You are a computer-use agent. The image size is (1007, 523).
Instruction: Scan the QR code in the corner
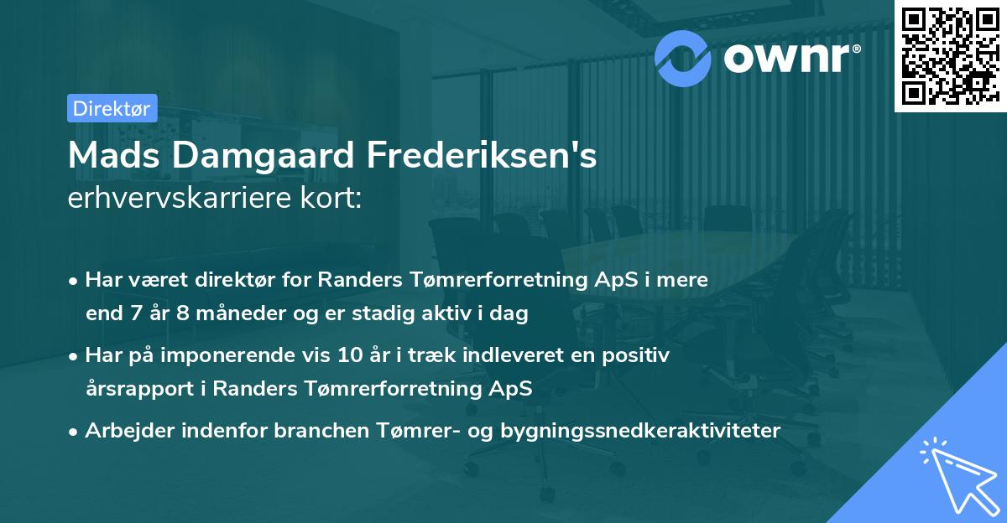coord(949,56)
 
